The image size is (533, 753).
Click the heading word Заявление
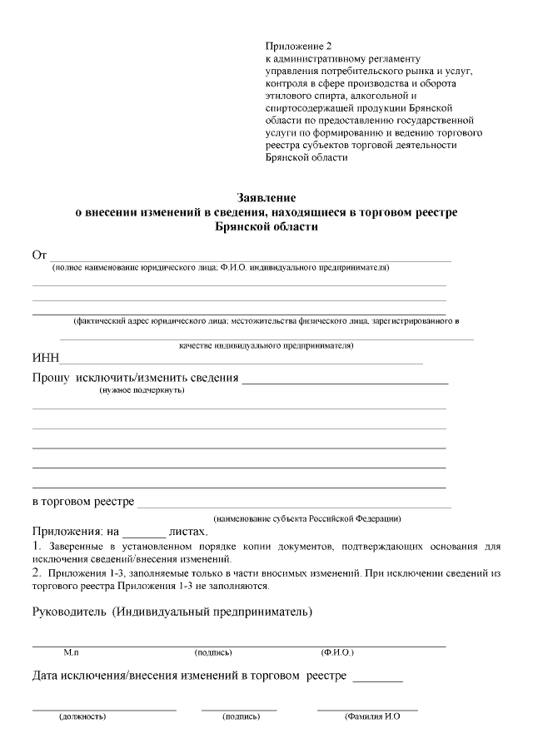(x=266, y=198)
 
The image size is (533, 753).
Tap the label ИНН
(x=45, y=359)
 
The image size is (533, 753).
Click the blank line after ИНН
(x=242, y=361)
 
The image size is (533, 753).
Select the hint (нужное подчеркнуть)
(x=142, y=390)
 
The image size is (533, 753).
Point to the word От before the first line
(x=39, y=255)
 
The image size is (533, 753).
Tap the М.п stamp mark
(x=72, y=652)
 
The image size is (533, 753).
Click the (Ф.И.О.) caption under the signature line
(x=337, y=652)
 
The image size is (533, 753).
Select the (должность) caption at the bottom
(x=82, y=716)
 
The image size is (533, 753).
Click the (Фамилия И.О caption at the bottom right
(x=373, y=716)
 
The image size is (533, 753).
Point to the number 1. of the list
(x=37, y=546)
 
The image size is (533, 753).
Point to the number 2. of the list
(x=37, y=573)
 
